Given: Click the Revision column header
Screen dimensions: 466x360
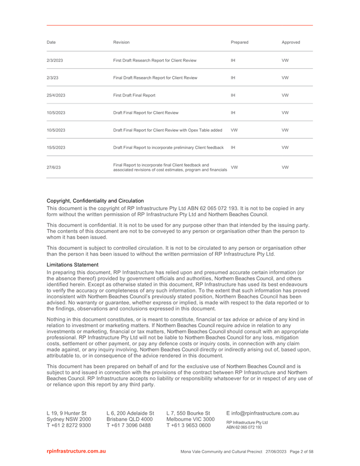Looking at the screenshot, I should [122, 42].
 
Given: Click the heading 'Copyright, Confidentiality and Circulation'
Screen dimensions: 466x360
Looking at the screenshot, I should [95, 200].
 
